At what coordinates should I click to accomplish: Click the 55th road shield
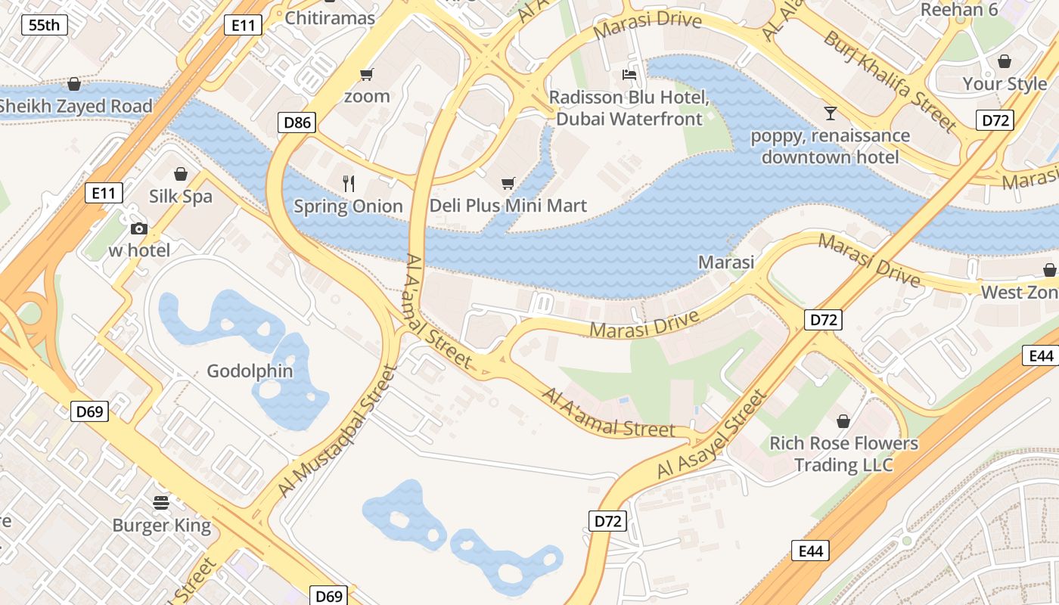point(45,25)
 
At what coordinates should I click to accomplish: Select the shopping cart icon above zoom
point(367,74)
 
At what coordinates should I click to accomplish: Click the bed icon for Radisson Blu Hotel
point(629,74)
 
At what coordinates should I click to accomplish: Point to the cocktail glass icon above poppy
point(831,113)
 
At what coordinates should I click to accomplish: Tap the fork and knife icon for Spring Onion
point(348,183)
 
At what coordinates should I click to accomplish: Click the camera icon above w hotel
point(138,228)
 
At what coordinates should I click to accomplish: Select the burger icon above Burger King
point(161,502)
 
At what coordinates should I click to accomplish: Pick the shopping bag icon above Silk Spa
point(180,174)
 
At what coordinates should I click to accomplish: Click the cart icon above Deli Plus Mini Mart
point(508,183)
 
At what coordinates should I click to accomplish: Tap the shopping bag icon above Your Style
point(1005,61)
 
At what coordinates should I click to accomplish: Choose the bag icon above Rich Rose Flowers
point(843,420)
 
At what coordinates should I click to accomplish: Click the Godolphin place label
point(250,371)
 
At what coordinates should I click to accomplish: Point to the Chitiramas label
point(330,17)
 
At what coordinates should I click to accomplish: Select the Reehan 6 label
point(959,10)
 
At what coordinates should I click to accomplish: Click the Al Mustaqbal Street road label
point(337,431)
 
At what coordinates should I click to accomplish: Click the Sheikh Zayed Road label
point(76,106)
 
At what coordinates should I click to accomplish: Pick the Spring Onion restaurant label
point(348,206)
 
